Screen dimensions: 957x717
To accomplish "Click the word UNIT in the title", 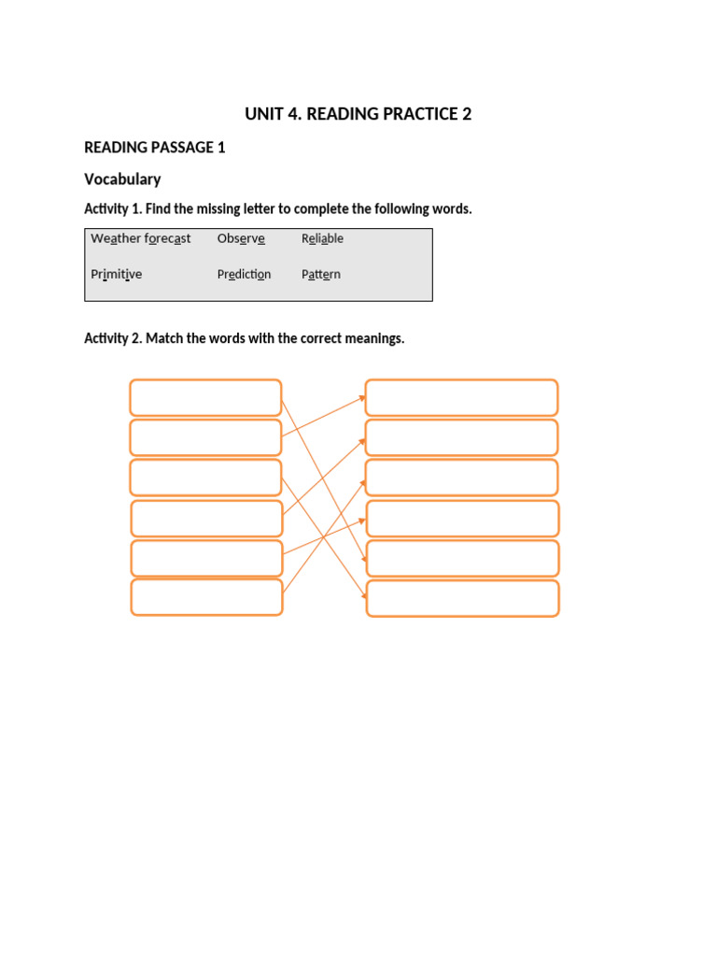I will pyautogui.click(x=263, y=114).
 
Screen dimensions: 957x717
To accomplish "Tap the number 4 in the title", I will pyautogui.click(x=293, y=114).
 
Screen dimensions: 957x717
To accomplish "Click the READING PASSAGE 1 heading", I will pyautogui.click(x=154, y=148).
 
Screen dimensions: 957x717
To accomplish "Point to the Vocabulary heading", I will pyautogui.click(x=122, y=179).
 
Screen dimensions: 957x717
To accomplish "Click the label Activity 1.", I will pyautogui.click(x=111, y=208).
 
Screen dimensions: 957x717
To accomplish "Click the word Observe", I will pyautogui.click(x=241, y=238).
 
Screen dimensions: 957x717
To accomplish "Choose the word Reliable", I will pyautogui.click(x=322, y=238).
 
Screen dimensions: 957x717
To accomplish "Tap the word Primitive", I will pyautogui.click(x=116, y=275).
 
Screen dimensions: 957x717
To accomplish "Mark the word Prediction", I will pyautogui.click(x=244, y=275).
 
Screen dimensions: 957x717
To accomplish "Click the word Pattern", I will pyautogui.click(x=320, y=275).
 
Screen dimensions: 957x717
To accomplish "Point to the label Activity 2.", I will pyautogui.click(x=112, y=338).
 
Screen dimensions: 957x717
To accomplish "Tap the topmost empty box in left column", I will pyautogui.click(x=205, y=397).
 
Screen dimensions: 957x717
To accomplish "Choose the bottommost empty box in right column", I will pyautogui.click(x=462, y=598).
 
